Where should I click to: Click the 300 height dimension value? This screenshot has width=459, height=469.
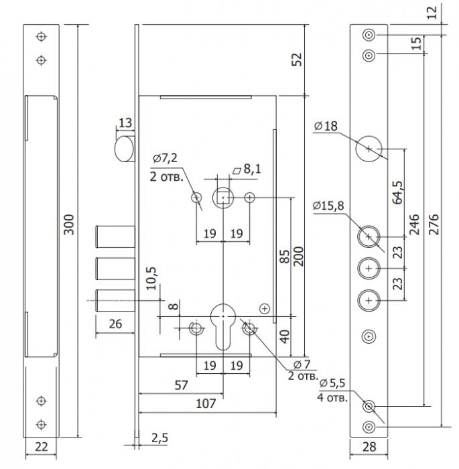pyautogui.click(x=69, y=224)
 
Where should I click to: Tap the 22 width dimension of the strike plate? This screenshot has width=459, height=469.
pyautogui.click(x=42, y=447)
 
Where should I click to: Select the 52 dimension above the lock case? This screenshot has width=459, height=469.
pyautogui.click(x=297, y=60)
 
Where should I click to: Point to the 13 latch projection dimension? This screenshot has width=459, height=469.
pyautogui.click(x=125, y=123)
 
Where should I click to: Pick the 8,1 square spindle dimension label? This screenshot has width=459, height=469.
pyautogui.click(x=252, y=169)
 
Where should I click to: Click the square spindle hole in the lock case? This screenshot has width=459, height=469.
pyautogui.click(x=223, y=198)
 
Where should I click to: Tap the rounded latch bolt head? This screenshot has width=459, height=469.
pyautogui.click(x=124, y=149)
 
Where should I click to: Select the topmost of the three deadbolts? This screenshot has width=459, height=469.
pyautogui.click(x=115, y=237)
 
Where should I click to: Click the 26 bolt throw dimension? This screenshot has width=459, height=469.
pyautogui.click(x=115, y=324)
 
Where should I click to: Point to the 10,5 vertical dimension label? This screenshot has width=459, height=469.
pyautogui.click(x=151, y=279)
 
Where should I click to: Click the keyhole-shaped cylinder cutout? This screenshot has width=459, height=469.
pyautogui.click(x=223, y=326)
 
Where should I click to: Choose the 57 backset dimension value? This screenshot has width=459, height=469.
pyautogui.click(x=182, y=385)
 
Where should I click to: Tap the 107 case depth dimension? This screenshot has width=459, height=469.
pyautogui.click(x=206, y=404)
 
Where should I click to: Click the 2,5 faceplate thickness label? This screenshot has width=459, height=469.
pyautogui.click(x=159, y=438)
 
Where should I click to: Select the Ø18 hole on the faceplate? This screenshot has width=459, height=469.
pyautogui.click(x=369, y=149)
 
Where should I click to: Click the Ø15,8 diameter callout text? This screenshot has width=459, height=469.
pyautogui.click(x=328, y=206)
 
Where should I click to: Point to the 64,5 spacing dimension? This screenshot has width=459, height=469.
pyautogui.click(x=397, y=193)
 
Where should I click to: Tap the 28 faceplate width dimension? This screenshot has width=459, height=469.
pyautogui.click(x=369, y=447)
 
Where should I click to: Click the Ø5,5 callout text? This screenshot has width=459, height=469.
pyautogui.click(x=332, y=383)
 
